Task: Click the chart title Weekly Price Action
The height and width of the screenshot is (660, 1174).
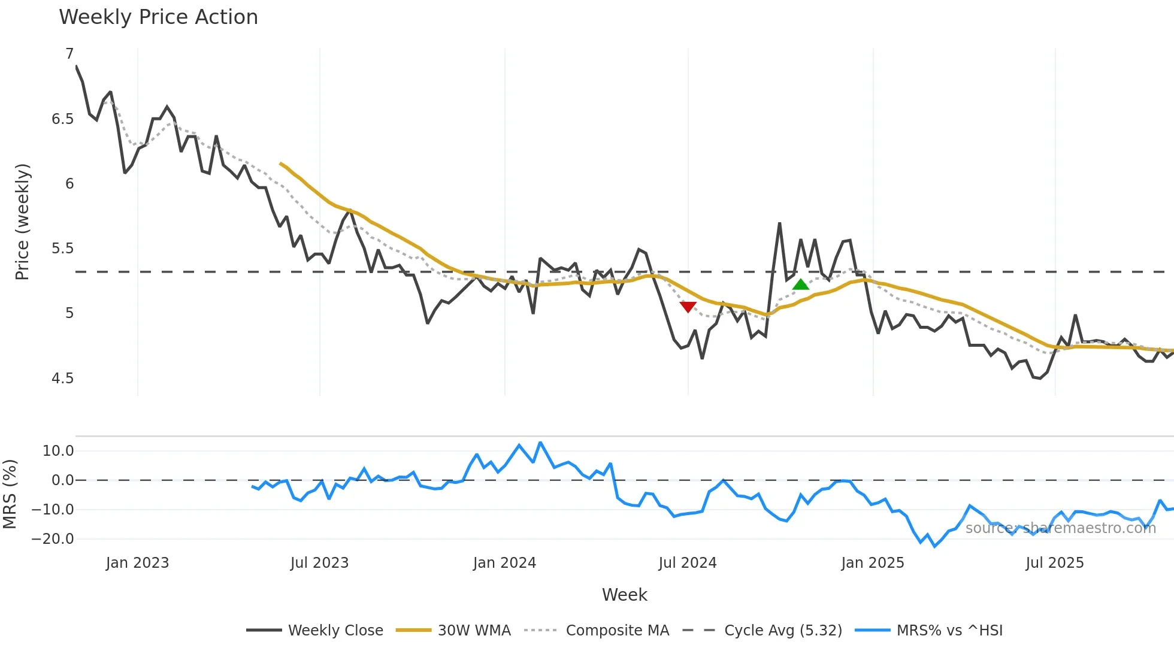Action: click(x=158, y=17)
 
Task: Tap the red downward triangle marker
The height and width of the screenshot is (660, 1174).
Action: click(x=688, y=307)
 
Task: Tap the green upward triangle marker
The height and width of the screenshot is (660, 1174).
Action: click(x=801, y=284)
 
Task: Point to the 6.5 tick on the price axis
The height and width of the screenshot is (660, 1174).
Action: click(x=62, y=119)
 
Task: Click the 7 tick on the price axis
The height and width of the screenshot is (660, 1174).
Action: click(x=69, y=54)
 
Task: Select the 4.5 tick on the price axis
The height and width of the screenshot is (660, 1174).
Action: click(x=62, y=379)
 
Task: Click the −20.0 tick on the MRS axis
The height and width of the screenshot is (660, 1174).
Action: click(x=53, y=539)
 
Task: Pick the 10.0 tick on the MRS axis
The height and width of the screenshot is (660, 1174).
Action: click(x=58, y=451)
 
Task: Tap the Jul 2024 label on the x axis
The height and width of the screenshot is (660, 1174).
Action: click(x=687, y=563)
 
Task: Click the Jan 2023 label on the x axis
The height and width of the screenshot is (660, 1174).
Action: click(x=137, y=563)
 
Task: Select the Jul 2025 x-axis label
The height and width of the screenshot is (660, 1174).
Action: click(x=1054, y=563)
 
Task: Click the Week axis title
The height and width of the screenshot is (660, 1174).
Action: click(x=624, y=595)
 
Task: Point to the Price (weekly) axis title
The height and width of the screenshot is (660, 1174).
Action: click(x=22, y=222)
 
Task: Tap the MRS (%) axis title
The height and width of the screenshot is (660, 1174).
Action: click(x=10, y=494)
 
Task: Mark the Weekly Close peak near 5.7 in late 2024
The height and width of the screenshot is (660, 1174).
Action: click(x=779, y=224)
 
